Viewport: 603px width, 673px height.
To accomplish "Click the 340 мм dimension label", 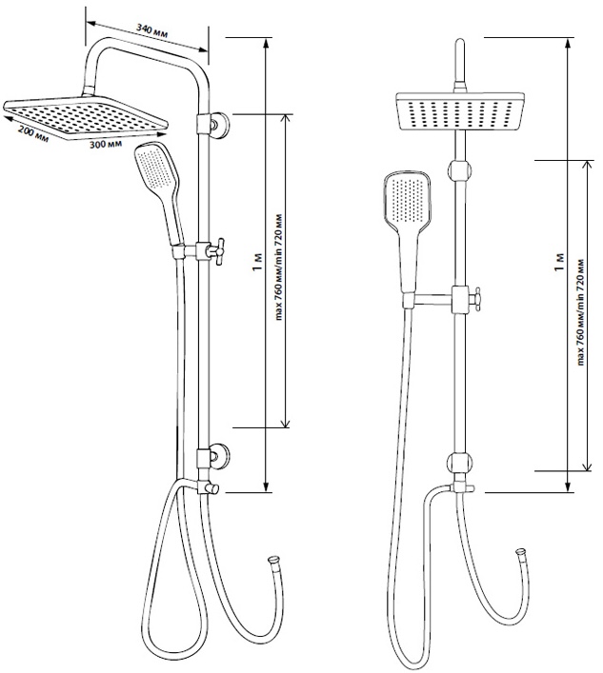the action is (x=151, y=30).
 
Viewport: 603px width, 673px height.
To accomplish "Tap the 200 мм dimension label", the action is (x=33, y=135).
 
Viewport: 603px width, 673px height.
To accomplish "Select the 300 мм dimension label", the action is (x=105, y=144).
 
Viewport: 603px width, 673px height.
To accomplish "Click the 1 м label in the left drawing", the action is (x=257, y=262).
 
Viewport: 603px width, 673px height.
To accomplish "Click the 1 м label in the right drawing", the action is (x=559, y=262).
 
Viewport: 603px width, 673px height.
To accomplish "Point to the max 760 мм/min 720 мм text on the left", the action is (x=279, y=267).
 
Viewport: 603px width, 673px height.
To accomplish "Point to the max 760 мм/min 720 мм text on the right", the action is (x=581, y=311).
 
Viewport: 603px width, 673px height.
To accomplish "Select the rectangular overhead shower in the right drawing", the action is (x=460, y=110).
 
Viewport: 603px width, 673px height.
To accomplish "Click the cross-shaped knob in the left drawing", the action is (x=217, y=251).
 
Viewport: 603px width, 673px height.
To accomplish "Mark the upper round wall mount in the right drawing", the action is (x=460, y=169).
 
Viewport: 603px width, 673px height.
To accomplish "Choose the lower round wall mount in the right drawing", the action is (x=460, y=463).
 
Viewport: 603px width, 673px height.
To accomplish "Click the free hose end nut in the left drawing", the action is (x=273, y=560).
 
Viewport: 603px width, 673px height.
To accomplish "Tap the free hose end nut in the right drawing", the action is (x=521, y=552).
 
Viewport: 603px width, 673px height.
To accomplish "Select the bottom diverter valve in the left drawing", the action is (x=209, y=487).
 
